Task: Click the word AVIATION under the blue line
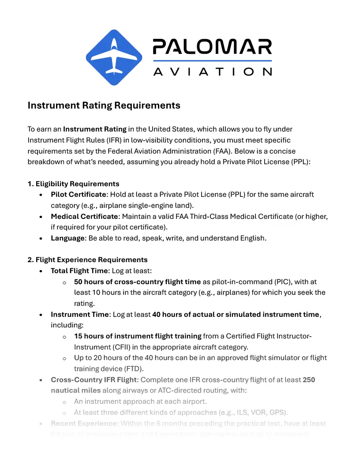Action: [212, 71]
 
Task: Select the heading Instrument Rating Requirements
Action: [104, 105]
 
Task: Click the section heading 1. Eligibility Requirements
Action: [73, 184]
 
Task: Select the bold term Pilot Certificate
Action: [79, 195]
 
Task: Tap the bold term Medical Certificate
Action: [84, 217]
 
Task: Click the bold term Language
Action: [67, 238]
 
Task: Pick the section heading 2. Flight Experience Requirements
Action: [87, 259]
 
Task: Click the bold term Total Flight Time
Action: [79, 271]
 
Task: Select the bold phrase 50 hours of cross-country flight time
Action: [137, 282]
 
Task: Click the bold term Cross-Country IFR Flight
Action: [94, 380]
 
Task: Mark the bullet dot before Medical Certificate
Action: [41, 217]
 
